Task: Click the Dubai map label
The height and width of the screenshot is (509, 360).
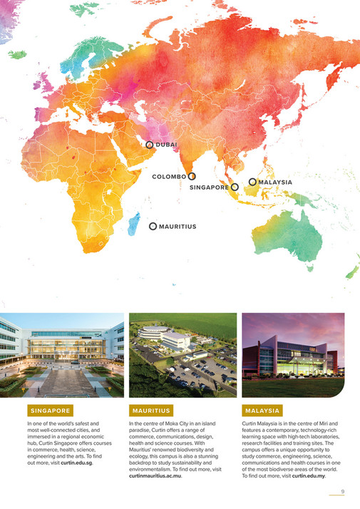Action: pyautogui.click(x=167, y=145)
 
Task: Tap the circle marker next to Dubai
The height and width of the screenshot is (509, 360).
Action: pyautogui.click(x=150, y=144)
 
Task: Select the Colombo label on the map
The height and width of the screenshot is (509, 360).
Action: pyautogui.click(x=169, y=176)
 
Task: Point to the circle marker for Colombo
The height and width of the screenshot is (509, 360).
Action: pyautogui.click(x=192, y=176)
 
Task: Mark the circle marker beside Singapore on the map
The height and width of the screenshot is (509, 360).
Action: pyautogui.click(x=235, y=187)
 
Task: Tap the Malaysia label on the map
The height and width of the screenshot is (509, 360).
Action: pyautogui.click(x=275, y=182)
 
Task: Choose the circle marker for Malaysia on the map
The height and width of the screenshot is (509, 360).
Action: pyautogui.click(x=252, y=182)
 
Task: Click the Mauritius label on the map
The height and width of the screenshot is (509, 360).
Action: pyautogui.click(x=178, y=227)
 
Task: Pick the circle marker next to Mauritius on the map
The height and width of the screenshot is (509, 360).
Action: pyautogui.click(x=153, y=226)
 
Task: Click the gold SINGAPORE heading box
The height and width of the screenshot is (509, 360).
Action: pyautogui.click(x=50, y=411)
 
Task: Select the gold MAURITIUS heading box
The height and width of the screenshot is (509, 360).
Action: pyautogui.click(x=151, y=411)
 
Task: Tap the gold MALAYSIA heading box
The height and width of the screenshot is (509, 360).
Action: pyautogui.click(x=262, y=411)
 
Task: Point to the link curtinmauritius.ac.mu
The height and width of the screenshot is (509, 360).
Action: pyautogui.click(x=154, y=475)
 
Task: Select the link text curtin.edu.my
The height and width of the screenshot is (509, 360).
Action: pyautogui.click(x=308, y=475)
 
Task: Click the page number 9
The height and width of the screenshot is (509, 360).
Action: pyautogui.click(x=343, y=491)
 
